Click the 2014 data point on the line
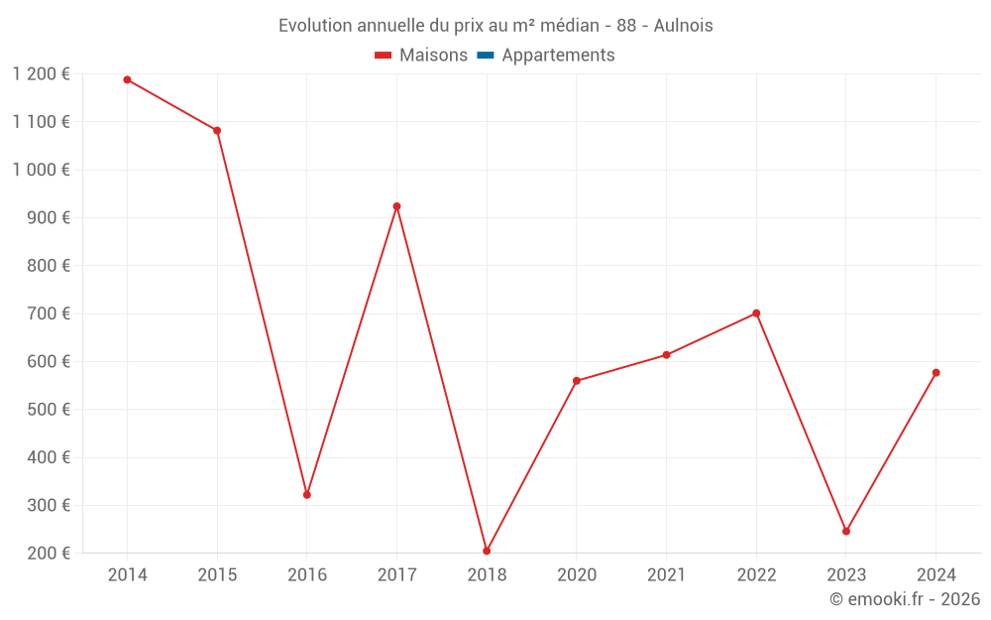127,79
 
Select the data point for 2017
396,206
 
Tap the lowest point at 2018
487,551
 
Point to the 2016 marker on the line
307,494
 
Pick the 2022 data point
756,313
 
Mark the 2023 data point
846,531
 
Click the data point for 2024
936,373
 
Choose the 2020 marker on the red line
577,381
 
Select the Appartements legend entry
558,56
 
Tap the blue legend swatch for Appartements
486,56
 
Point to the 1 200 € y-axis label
41,74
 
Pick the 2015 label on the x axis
217,575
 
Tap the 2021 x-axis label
666,575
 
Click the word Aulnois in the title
683,26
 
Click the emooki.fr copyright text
905,599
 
